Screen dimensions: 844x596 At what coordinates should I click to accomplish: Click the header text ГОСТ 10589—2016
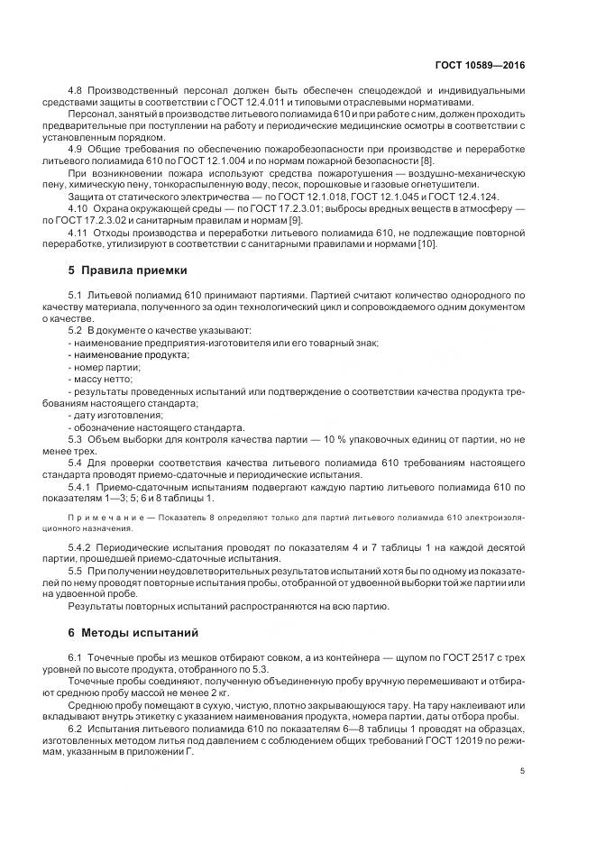point(481,66)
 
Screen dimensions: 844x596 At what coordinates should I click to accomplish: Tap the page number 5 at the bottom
point(522,770)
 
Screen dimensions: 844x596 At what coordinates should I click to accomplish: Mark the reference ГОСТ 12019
point(453,729)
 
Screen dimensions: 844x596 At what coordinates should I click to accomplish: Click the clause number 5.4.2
point(82,546)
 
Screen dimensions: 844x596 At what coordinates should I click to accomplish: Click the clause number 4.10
point(79,208)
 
